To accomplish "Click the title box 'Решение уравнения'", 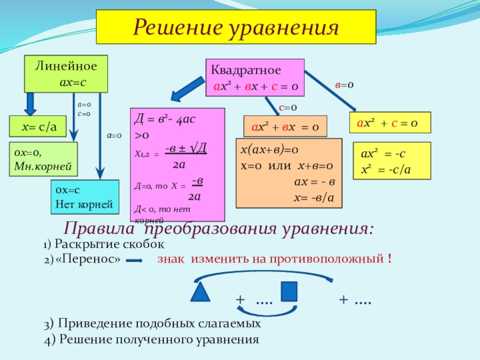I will click(236, 27).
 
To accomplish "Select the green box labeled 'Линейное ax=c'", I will click(65, 74).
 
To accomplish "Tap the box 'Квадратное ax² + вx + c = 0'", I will click(255, 79).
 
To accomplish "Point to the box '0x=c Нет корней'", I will click(83, 197).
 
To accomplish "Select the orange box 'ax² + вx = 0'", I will click(285, 127).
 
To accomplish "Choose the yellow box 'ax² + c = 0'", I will click(391, 124).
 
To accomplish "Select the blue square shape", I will click(289, 291).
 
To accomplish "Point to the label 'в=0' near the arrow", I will click(344, 86).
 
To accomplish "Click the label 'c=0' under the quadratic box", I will click(288, 107).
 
